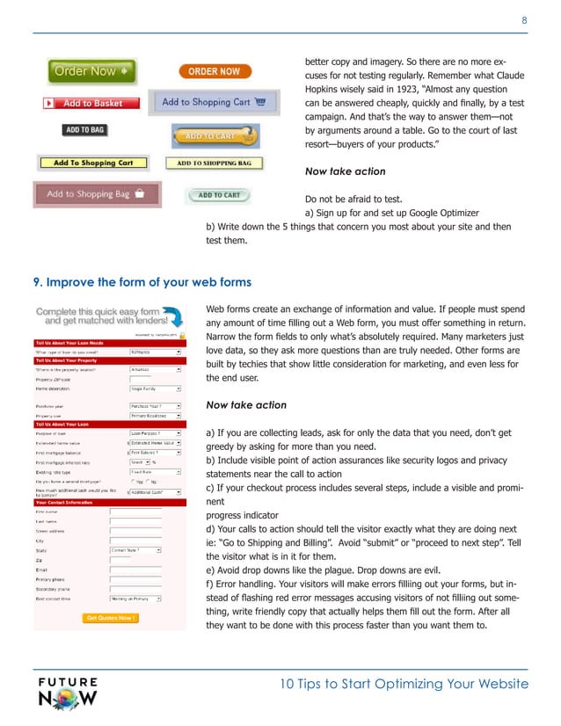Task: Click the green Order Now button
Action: click(91, 70)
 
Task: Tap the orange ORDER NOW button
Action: click(214, 71)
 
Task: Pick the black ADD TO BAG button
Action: click(84, 130)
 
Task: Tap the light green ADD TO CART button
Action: click(219, 195)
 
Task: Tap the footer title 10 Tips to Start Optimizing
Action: click(403, 685)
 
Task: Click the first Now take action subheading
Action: click(345, 171)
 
